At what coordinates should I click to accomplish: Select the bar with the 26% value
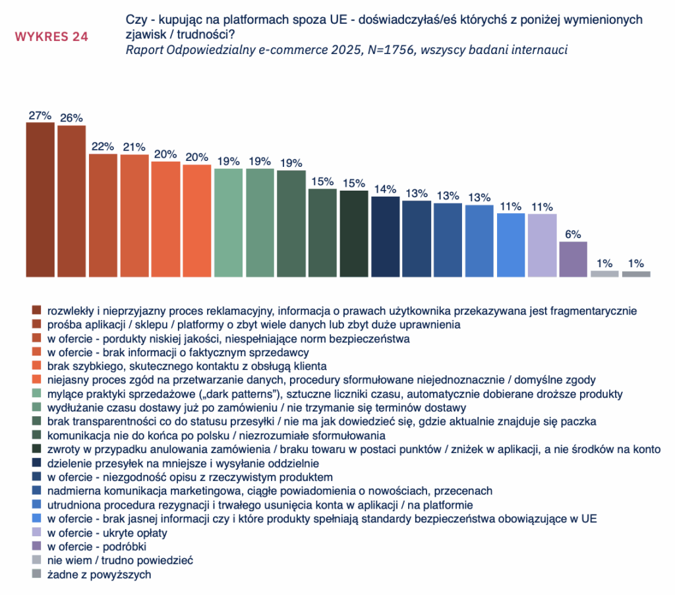(71, 201)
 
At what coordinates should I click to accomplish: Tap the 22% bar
(103, 215)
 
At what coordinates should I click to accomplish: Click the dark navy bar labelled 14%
(385, 237)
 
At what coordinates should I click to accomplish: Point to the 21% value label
(134, 147)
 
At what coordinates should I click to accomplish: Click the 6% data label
(573, 235)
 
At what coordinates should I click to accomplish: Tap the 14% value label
(385, 189)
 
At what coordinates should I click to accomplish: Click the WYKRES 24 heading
(51, 36)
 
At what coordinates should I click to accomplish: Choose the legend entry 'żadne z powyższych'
(99, 575)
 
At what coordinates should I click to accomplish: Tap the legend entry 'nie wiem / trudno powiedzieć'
(119, 561)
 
